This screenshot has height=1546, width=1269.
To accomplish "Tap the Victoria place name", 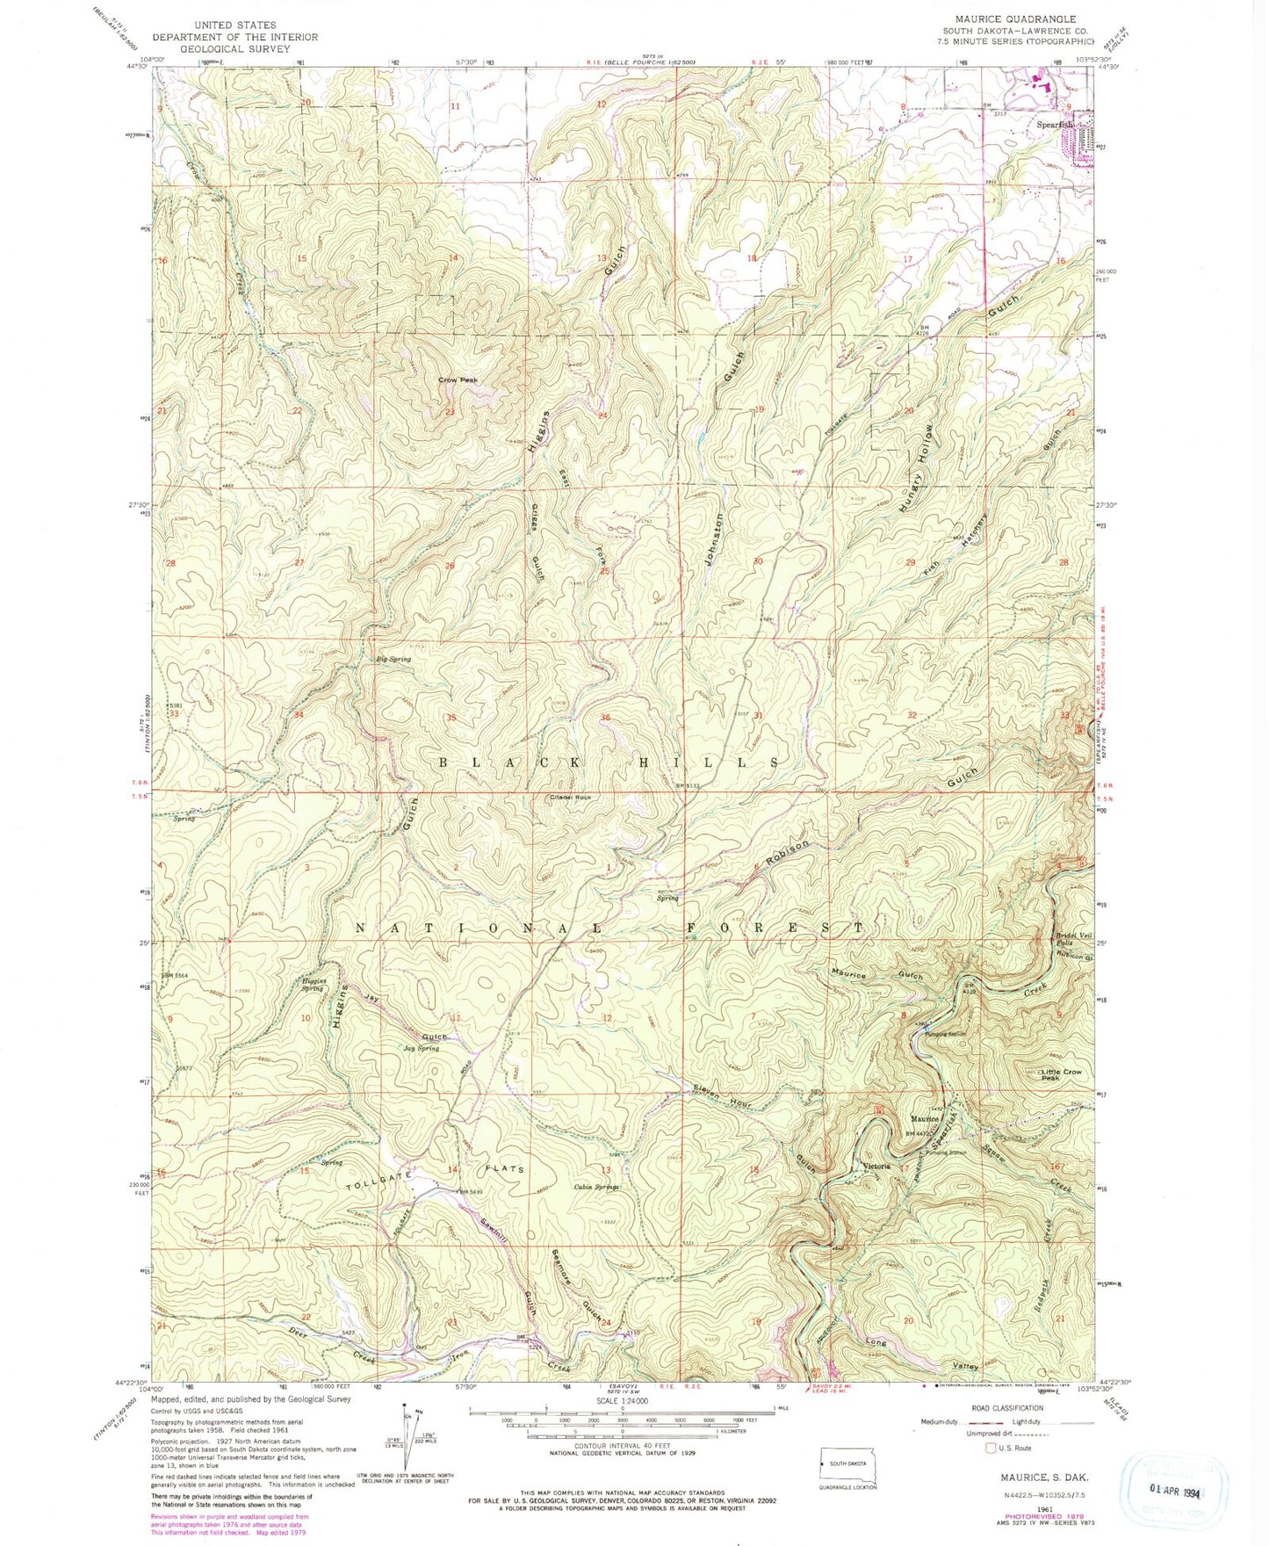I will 876,1167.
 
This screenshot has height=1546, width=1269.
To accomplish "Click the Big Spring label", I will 393,658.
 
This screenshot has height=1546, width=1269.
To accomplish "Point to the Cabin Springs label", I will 596,1187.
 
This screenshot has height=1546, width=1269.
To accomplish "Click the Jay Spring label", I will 421,1049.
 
